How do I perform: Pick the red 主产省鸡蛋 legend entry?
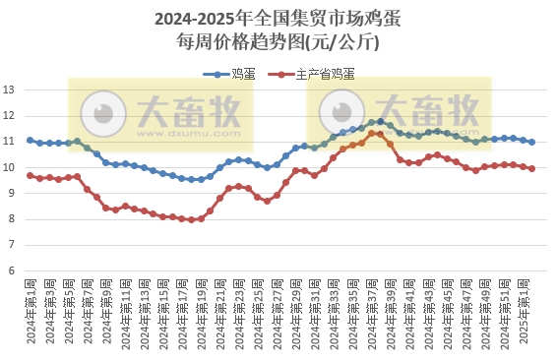click(317, 74)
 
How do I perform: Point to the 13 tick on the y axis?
click(9, 90)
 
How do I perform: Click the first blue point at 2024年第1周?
click(31, 141)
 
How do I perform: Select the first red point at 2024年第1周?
click(31, 175)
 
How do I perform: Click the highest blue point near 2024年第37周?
click(381, 121)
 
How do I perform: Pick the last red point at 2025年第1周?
click(532, 168)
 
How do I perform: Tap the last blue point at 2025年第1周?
click(532, 142)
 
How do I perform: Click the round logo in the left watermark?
click(99, 110)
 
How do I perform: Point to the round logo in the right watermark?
click(340, 110)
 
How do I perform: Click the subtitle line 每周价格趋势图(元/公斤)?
click(278, 42)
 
